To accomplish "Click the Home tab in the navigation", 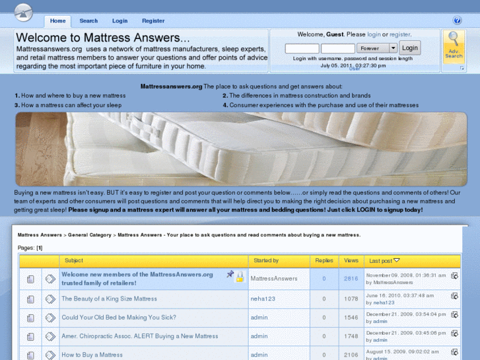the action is click(57, 21).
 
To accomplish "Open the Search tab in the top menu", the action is click(88, 21).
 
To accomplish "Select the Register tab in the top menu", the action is click(153, 21).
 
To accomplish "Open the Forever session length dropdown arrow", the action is click(393, 48).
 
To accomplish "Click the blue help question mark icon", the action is click(457, 20).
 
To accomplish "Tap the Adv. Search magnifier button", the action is click(454, 46).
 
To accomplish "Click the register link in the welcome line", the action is click(400, 34).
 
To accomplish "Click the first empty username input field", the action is click(302, 48).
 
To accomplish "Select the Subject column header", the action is click(74, 260).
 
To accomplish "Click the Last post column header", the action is click(380, 261).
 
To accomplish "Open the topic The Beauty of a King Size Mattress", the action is click(110, 299).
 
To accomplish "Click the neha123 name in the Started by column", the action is click(263, 299).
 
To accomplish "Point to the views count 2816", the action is click(351, 279).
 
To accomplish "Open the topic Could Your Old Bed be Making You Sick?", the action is click(119, 318).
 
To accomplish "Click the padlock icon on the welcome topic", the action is click(240, 277).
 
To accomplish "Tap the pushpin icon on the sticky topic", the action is click(230, 273).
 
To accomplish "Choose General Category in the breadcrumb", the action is click(89, 235).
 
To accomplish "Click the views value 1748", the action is click(351, 336).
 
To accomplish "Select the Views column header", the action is click(351, 260).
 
